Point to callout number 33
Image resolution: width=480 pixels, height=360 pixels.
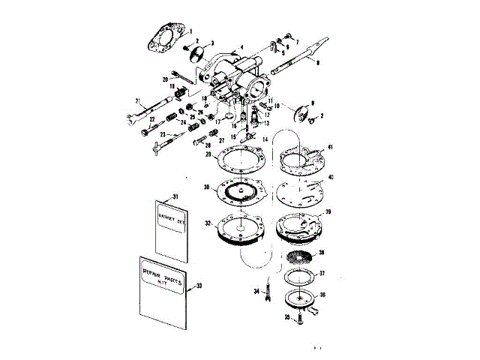point(199,286)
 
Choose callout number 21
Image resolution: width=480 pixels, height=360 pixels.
point(138,99)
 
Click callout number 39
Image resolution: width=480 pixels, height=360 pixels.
point(327,213)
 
